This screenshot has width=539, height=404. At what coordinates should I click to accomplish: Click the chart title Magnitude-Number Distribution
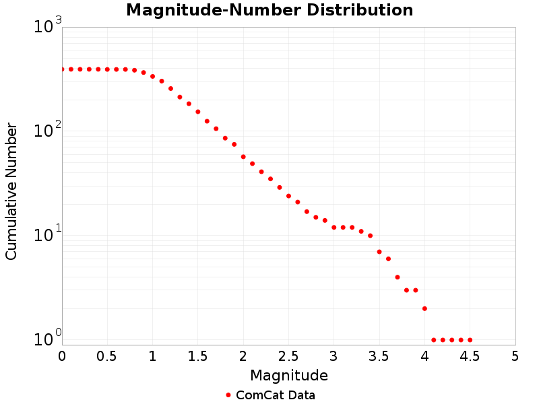coord(269,11)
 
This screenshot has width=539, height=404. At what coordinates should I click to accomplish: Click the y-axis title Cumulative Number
coord(11,191)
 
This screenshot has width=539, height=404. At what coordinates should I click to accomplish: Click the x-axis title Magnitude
coord(289,375)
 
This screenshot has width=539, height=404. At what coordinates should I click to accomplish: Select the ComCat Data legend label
coord(276,395)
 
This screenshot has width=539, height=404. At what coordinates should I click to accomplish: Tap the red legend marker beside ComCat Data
coord(228,395)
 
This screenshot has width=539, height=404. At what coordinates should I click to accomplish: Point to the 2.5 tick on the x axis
coord(288,355)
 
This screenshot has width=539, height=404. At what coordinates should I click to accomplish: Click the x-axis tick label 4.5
coord(470,355)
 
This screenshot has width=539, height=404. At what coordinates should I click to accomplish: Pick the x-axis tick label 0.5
coord(107,355)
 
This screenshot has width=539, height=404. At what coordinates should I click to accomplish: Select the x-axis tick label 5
coord(515,355)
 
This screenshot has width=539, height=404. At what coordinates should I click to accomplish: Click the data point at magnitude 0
coord(62,69)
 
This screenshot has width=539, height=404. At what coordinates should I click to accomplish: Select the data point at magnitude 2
coord(243,157)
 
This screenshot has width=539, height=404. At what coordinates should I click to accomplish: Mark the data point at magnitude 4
coord(424,308)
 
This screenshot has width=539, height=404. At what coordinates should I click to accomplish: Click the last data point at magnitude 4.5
coord(470,340)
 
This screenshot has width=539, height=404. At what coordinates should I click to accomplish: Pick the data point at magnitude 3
coord(334,228)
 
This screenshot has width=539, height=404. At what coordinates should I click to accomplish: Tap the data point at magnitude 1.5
coord(198,112)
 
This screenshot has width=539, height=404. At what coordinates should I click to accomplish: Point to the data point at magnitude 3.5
coord(379,252)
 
